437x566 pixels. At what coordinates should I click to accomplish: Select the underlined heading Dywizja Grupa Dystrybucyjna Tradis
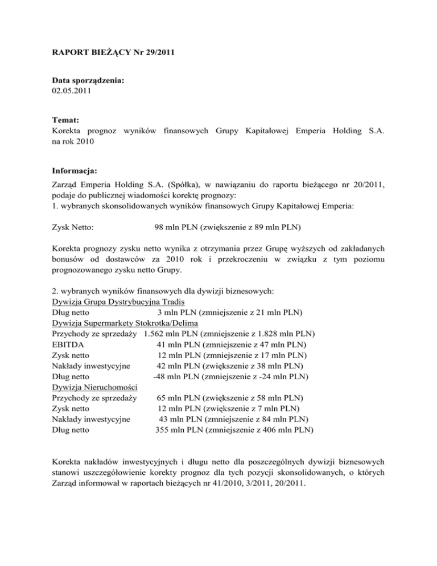click(119, 302)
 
